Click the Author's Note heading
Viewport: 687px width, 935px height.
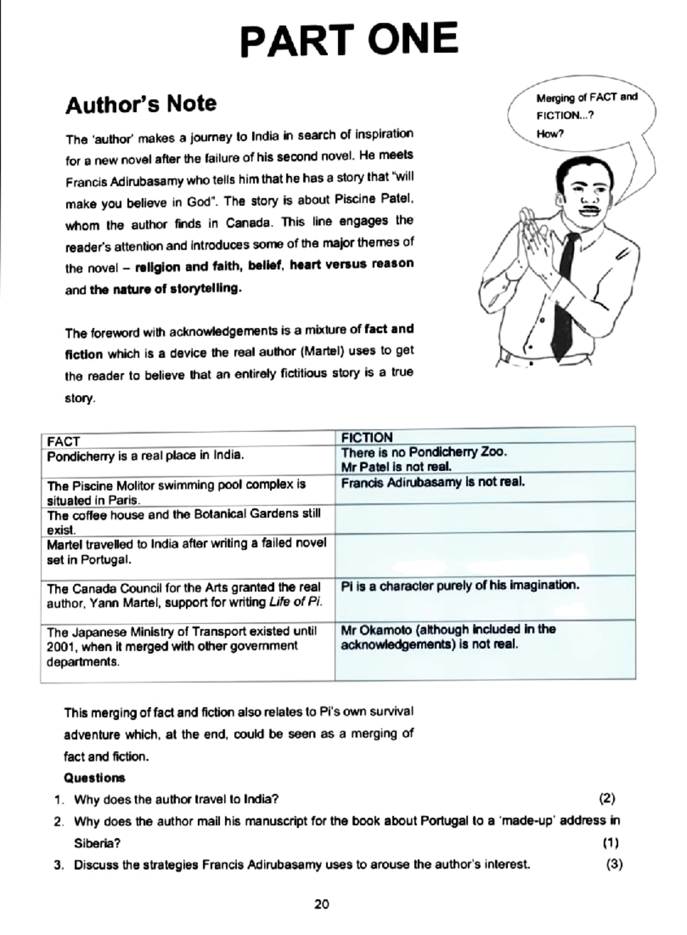pos(141,104)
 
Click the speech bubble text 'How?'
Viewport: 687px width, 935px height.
pos(550,134)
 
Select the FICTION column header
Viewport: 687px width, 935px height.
pos(367,437)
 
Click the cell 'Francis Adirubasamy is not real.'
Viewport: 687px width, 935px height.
pos(433,482)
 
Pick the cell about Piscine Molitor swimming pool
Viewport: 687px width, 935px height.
pos(176,492)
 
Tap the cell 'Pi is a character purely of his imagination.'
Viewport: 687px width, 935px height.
pos(460,586)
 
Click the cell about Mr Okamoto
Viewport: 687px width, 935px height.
pos(448,637)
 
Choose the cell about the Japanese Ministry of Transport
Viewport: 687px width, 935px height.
pos(181,646)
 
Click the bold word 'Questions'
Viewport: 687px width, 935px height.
pos(94,778)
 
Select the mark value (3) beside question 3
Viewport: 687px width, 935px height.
pos(614,865)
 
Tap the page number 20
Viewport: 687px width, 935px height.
pos(322,904)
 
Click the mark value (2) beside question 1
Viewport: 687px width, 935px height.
pos(607,798)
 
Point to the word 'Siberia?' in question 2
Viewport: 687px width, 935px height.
pos(97,843)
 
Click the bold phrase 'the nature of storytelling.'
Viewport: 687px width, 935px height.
pos(165,288)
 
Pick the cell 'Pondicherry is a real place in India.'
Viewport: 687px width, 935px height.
pos(145,456)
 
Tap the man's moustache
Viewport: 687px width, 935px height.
pos(590,209)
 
